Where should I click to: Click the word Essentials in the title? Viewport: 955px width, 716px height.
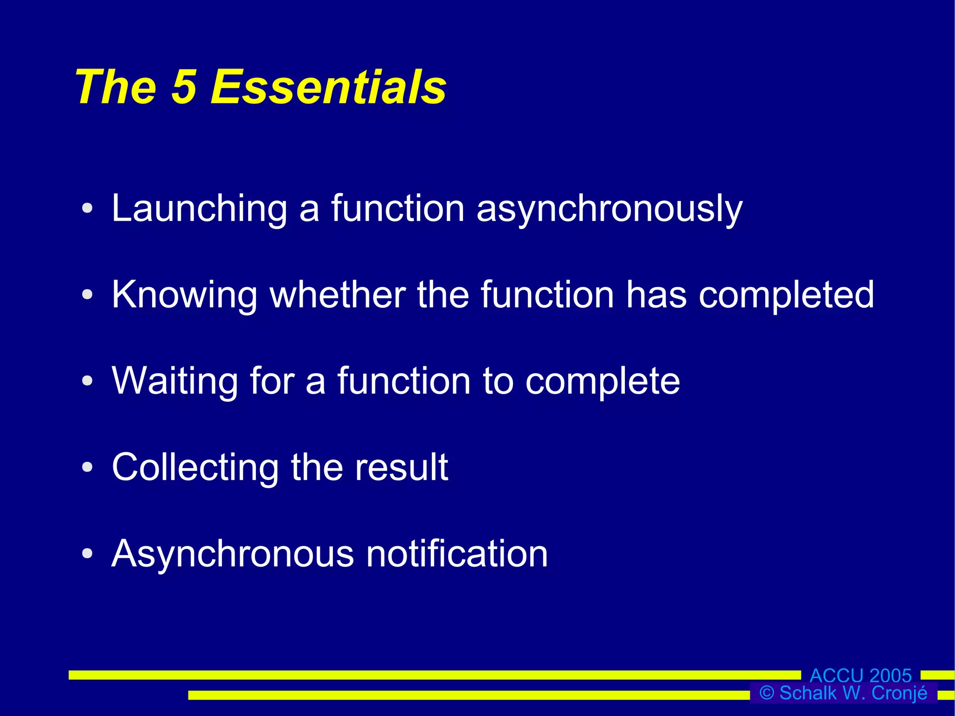(x=328, y=87)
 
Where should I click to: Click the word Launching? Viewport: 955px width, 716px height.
(x=199, y=209)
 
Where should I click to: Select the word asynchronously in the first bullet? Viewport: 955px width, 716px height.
(x=609, y=209)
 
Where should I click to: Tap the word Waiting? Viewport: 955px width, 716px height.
(x=175, y=381)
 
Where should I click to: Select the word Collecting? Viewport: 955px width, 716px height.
(x=195, y=467)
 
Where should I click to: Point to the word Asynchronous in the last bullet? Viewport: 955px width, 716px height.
(x=233, y=554)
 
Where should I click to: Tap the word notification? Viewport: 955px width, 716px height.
(x=457, y=554)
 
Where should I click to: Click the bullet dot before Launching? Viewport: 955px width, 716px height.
(x=87, y=209)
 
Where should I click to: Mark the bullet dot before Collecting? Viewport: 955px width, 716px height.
(x=87, y=467)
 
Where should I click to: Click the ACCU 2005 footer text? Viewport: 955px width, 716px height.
(x=860, y=675)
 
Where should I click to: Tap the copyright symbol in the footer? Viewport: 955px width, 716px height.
(x=767, y=693)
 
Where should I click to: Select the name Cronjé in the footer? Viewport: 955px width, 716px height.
(x=899, y=693)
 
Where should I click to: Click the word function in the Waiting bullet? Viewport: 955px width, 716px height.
(x=404, y=381)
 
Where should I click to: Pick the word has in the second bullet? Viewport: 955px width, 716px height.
(x=656, y=295)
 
